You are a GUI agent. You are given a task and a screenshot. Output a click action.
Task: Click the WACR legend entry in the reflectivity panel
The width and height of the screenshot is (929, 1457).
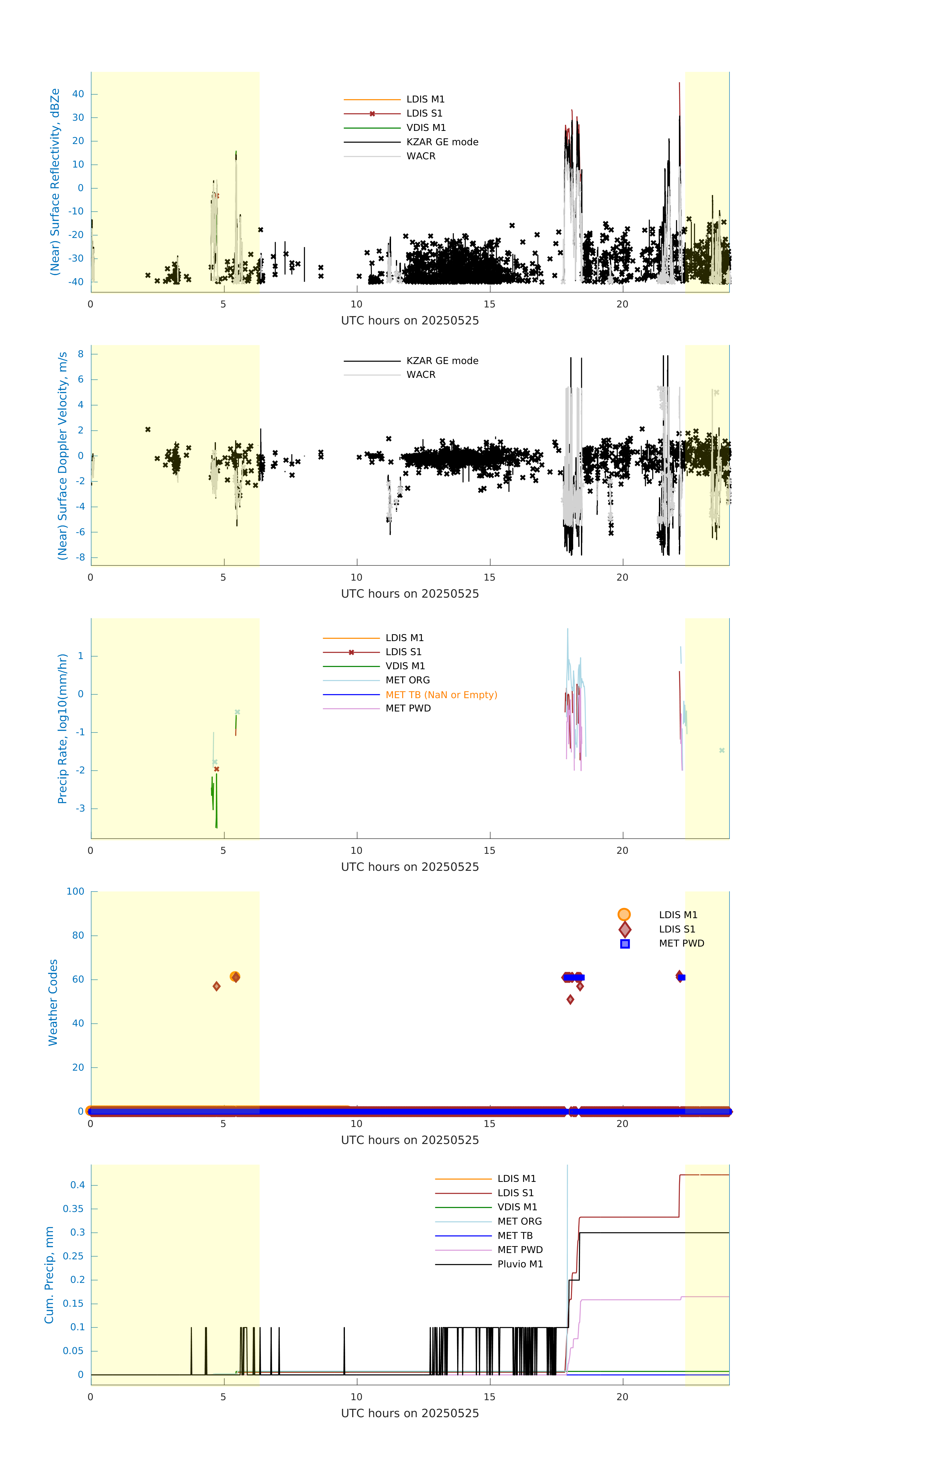click(x=421, y=156)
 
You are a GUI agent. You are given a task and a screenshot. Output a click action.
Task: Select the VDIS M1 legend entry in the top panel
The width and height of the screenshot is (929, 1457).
click(x=426, y=128)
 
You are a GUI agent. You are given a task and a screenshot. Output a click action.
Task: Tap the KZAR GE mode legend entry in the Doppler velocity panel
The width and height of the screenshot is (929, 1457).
click(x=442, y=361)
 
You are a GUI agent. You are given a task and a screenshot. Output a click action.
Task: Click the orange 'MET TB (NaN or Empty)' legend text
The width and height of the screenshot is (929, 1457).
click(x=441, y=695)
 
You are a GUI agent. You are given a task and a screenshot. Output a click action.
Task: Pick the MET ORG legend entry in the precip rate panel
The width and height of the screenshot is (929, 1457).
click(x=407, y=680)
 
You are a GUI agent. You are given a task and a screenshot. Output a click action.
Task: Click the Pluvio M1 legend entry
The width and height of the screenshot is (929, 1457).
click(x=520, y=1264)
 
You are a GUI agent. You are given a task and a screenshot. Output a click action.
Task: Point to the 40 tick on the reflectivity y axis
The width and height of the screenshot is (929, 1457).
click(x=78, y=94)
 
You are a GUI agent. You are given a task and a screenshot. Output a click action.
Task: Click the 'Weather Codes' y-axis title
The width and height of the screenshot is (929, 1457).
click(x=53, y=1002)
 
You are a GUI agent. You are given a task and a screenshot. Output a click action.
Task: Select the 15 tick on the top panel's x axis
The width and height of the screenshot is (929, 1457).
click(x=489, y=304)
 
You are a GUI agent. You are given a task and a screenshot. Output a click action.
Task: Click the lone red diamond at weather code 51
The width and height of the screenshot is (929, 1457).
click(x=570, y=1000)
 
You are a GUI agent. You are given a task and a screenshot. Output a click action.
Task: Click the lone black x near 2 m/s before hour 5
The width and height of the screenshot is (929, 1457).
click(x=148, y=430)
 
